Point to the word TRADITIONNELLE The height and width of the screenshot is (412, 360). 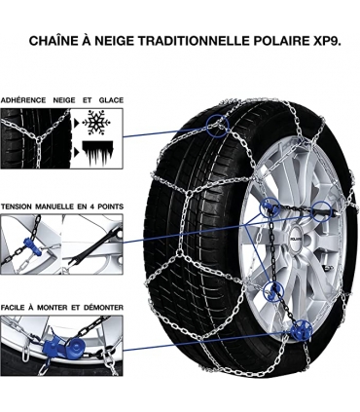(x=197, y=42)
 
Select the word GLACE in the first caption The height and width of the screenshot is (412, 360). (x=113, y=100)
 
